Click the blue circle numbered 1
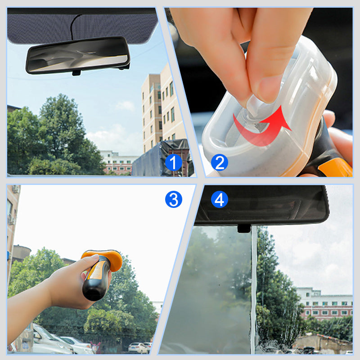coord(173,162)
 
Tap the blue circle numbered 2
coord(219,162)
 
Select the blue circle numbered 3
coord(173,199)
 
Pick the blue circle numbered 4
coord(219,199)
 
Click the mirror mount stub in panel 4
coord(244,228)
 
